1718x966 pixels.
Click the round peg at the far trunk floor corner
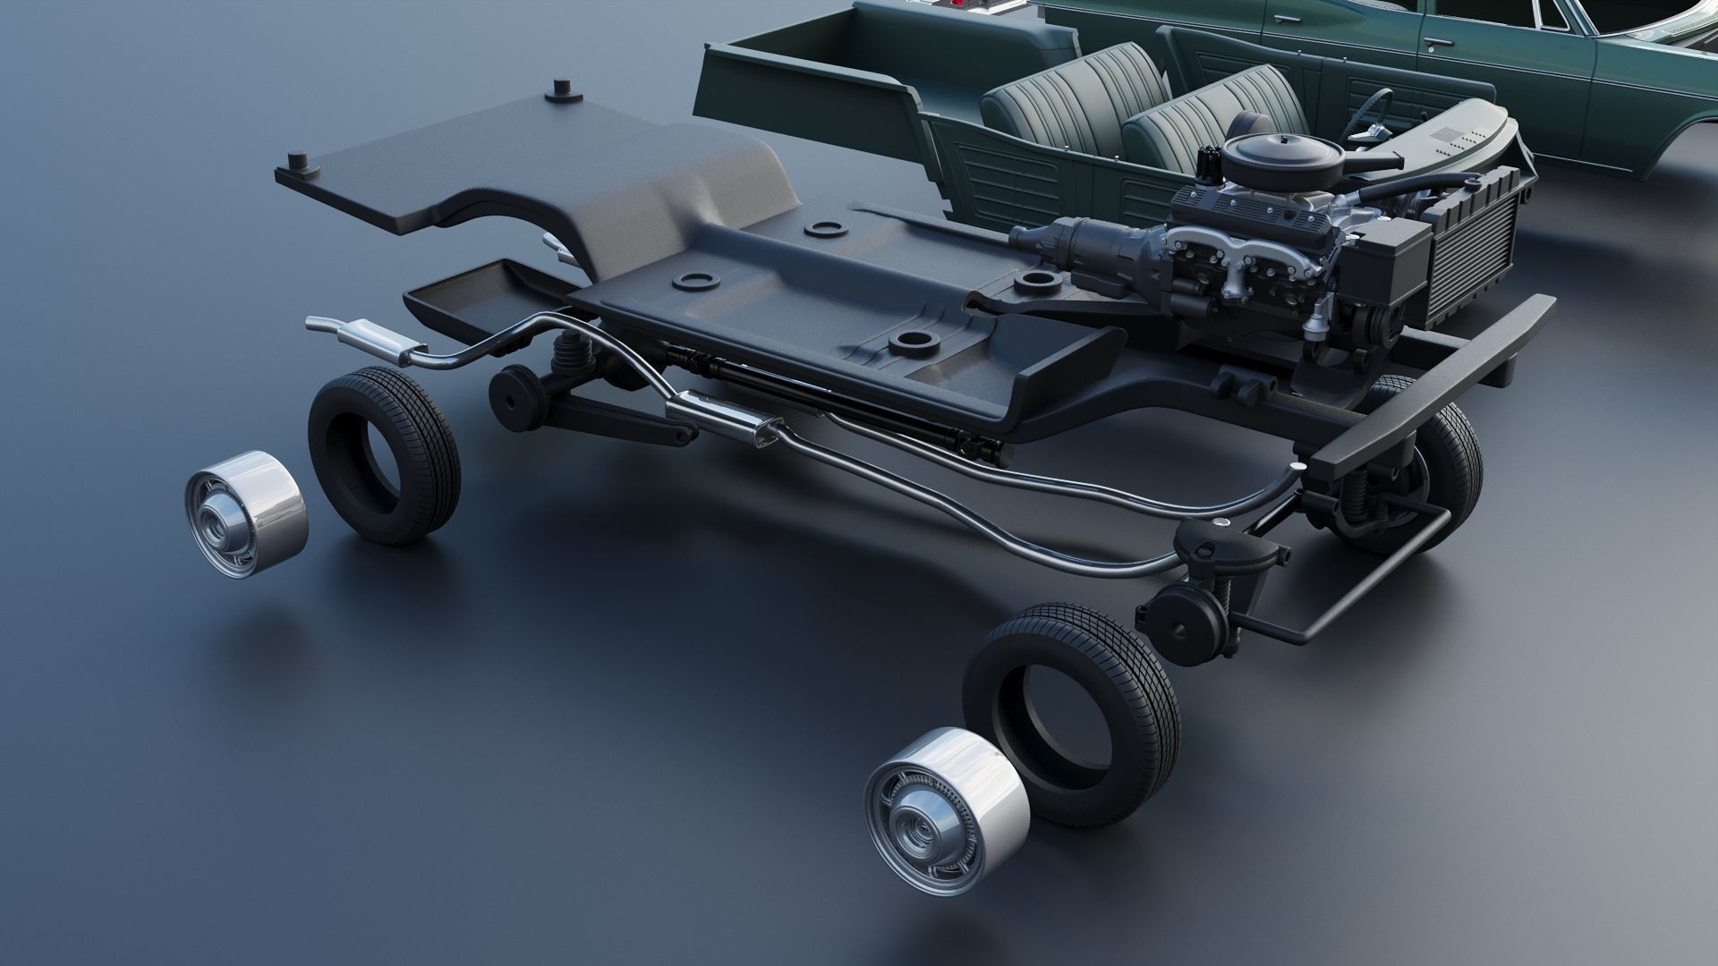point(562,89)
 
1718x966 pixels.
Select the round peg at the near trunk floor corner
point(298,164)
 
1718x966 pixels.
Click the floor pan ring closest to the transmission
point(1036,282)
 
